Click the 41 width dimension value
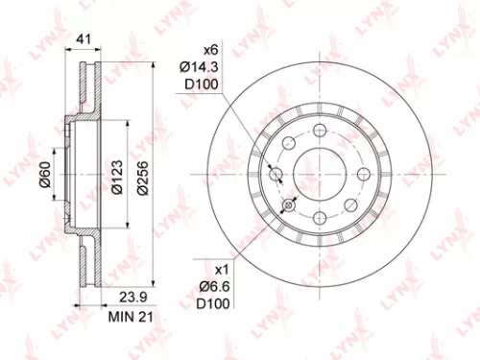[84, 40]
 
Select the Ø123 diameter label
[115, 177]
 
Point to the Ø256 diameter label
[141, 177]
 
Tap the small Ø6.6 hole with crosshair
[287, 204]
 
